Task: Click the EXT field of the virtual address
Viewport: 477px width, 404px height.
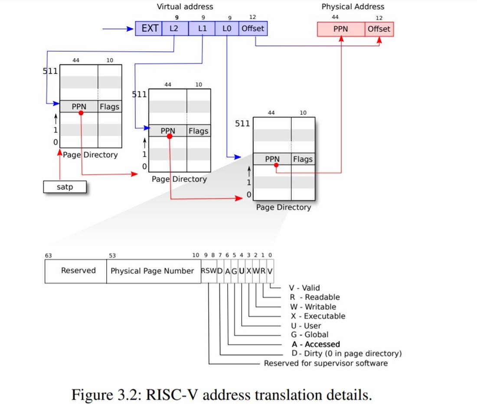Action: click(x=149, y=29)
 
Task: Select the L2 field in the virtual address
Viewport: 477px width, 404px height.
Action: click(x=175, y=29)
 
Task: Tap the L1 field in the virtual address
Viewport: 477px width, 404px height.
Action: click(x=202, y=29)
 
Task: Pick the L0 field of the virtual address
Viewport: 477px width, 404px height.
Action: click(x=227, y=29)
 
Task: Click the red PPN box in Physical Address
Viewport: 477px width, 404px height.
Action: click(x=341, y=29)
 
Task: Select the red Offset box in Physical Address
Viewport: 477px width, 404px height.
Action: click(x=379, y=29)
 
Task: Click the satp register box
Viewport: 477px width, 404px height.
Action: click(x=65, y=187)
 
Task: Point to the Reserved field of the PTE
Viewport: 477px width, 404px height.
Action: click(x=78, y=271)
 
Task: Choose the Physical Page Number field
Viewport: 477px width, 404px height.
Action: click(x=152, y=271)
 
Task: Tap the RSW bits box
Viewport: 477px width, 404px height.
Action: click(x=209, y=271)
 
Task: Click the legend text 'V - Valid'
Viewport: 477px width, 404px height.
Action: click(x=304, y=288)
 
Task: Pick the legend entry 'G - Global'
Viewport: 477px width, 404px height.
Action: click(x=310, y=335)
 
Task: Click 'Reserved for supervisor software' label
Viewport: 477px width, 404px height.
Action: click(x=326, y=363)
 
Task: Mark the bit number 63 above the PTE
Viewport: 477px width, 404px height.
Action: click(x=48, y=255)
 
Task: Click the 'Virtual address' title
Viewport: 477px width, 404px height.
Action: click(x=185, y=7)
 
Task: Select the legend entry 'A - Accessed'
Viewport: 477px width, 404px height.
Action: click(x=316, y=344)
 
